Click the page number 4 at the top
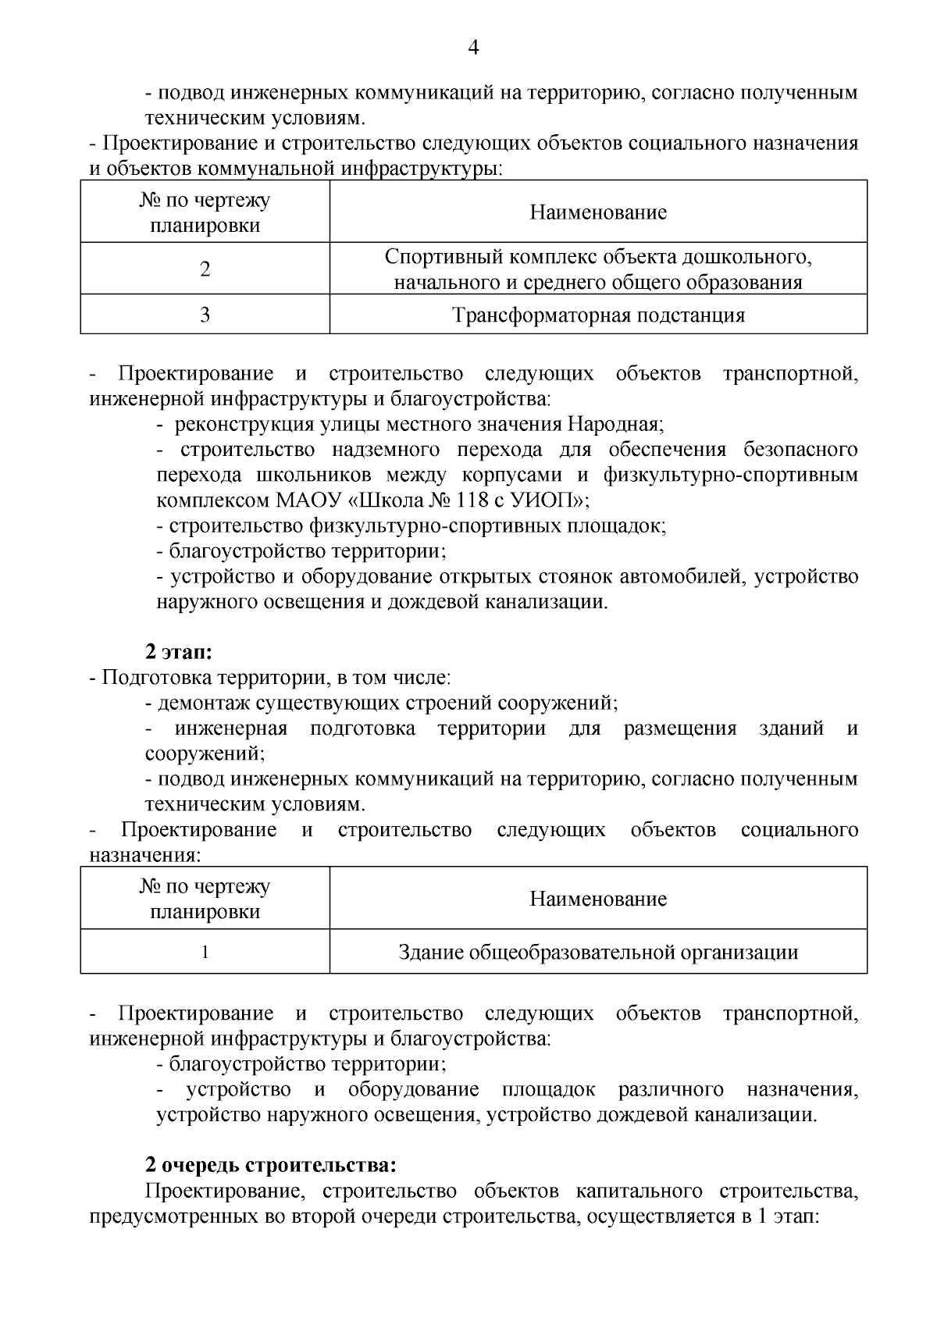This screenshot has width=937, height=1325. (473, 48)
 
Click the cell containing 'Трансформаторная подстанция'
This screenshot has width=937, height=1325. (598, 315)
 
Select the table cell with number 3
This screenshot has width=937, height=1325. (205, 315)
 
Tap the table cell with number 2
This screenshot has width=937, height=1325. (205, 269)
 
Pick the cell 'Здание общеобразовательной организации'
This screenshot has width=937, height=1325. (598, 953)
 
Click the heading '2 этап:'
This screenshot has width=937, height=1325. (179, 652)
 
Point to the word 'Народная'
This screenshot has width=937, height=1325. (614, 425)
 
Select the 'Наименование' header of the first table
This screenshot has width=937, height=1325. (598, 212)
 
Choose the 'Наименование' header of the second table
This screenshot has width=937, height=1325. (598, 899)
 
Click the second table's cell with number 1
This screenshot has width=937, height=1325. (205, 953)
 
